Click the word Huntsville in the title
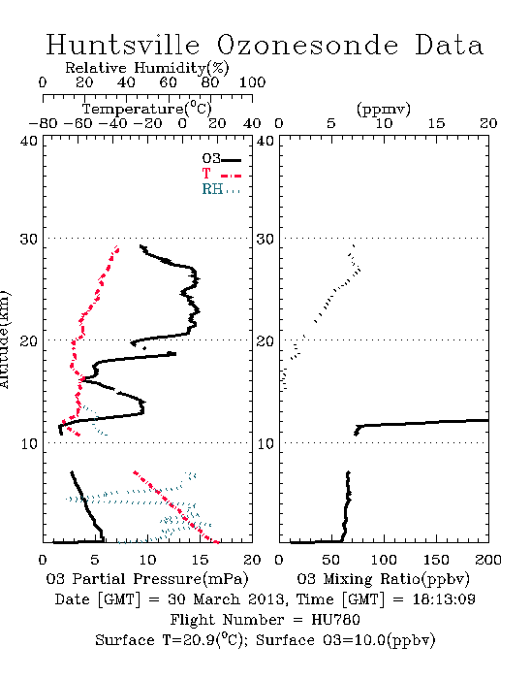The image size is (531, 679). click(x=123, y=45)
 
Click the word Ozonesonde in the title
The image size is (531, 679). click(x=307, y=45)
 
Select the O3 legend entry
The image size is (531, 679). click(x=221, y=159)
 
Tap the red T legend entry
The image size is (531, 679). click(x=221, y=174)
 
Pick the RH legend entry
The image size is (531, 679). click(x=221, y=189)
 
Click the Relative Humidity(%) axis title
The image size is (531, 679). click(x=147, y=68)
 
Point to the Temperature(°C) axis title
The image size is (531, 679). click(x=147, y=109)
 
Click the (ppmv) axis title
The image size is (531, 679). click(x=383, y=109)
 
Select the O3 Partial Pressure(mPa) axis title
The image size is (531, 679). click(x=147, y=578)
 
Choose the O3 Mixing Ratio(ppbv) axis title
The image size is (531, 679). click(x=383, y=578)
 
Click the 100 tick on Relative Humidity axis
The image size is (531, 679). click(x=252, y=82)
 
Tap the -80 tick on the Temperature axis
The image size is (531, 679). click(x=43, y=123)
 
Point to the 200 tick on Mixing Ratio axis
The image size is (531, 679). click(x=488, y=560)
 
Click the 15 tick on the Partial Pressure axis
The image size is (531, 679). click(x=200, y=560)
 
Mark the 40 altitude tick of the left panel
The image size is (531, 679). click(x=29, y=141)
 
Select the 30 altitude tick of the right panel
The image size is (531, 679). click(x=265, y=239)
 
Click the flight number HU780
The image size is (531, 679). click(x=335, y=620)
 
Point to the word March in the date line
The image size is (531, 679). click(x=216, y=599)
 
